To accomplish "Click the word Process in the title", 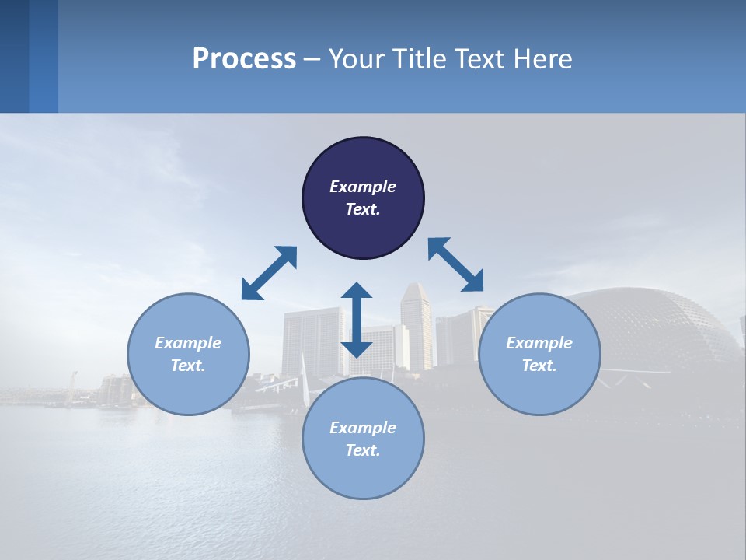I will tap(244, 59).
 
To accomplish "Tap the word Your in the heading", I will tap(358, 59).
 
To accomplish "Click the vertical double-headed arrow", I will tap(357, 320).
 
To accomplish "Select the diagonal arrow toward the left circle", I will tap(269, 273).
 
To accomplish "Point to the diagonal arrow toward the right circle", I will tap(456, 264).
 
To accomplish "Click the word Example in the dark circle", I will tap(363, 187).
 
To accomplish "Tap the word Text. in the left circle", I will tap(188, 366).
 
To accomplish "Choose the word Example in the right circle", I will tap(539, 343).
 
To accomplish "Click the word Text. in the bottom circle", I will tap(363, 450).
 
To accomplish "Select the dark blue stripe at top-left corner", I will tap(14, 56).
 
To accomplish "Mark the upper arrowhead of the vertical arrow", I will tap(357, 292).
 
